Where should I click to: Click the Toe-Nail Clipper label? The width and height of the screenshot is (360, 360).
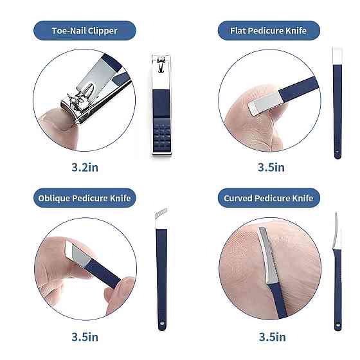pos(84,31)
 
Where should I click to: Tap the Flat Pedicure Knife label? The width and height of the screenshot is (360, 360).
pos(269,31)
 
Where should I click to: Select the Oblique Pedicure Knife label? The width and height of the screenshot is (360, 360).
pos(84,198)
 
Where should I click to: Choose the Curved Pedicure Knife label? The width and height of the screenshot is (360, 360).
pos(269,198)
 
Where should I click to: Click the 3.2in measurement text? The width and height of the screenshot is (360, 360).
pos(85,167)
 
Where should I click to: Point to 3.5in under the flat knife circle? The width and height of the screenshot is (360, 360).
pos(271,167)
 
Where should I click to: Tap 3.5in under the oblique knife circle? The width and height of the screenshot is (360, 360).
pos(85,337)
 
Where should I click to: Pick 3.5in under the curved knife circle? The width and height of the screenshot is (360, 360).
pos(273,337)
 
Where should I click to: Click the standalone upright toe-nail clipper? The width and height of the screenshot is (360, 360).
pos(161,104)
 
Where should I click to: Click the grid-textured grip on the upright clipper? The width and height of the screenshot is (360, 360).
pos(162,135)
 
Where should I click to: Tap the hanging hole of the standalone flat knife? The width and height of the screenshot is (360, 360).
pos(337,152)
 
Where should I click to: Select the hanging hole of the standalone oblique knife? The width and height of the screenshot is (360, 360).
pos(162,323)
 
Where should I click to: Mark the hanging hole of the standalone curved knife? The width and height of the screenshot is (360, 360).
pos(337,325)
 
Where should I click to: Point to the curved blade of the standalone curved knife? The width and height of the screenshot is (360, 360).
pos(337,231)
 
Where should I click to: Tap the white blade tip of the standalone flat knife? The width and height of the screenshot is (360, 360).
pos(337,56)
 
